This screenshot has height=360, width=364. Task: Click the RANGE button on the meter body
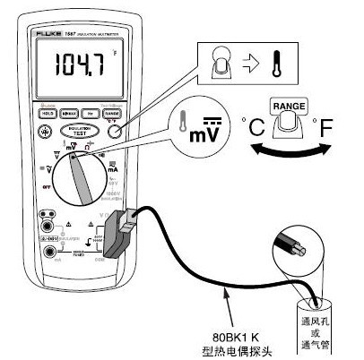(114, 115)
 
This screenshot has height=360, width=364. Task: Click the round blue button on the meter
(114, 131)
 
